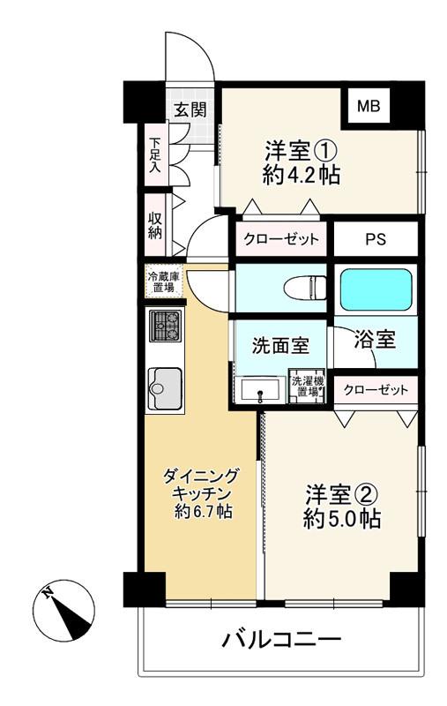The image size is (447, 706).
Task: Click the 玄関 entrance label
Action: pyautogui.click(x=189, y=109)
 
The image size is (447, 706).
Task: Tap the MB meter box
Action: pyautogui.click(x=368, y=108)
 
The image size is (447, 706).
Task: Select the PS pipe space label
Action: pyautogui.click(x=376, y=239)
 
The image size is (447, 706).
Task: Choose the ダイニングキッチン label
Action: pyautogui.click(x=201, y=485)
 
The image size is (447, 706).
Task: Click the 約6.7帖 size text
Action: pyautogui.click(x=202, y=511)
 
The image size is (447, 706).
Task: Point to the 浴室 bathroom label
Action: pyautogui.click(x=375, y=338)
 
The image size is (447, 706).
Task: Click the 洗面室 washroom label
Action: pyautogui.click(x=280, y=346)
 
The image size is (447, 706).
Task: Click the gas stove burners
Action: pyautogui.click(x=164, y=327)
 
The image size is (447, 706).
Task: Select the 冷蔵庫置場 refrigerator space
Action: pyautogui.click(x=163, y=282)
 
